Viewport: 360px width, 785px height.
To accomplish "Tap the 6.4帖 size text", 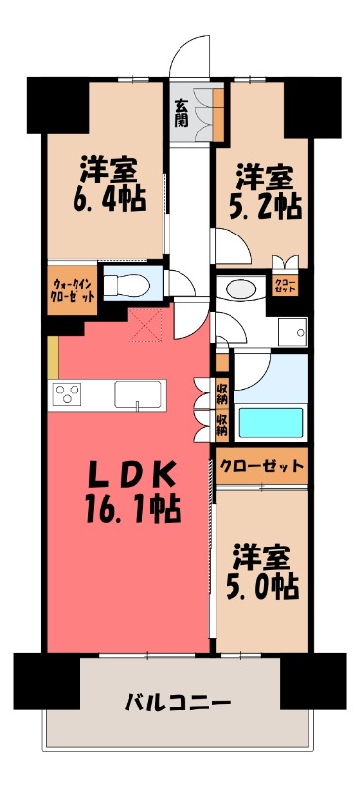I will pos(108,199).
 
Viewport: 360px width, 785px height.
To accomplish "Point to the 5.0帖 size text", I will pos(266,586).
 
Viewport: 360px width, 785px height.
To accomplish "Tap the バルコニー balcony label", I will pos(177,703).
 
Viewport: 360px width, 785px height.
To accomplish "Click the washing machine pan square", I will pos(291,332).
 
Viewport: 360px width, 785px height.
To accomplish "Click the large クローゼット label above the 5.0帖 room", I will pos(262,465).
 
